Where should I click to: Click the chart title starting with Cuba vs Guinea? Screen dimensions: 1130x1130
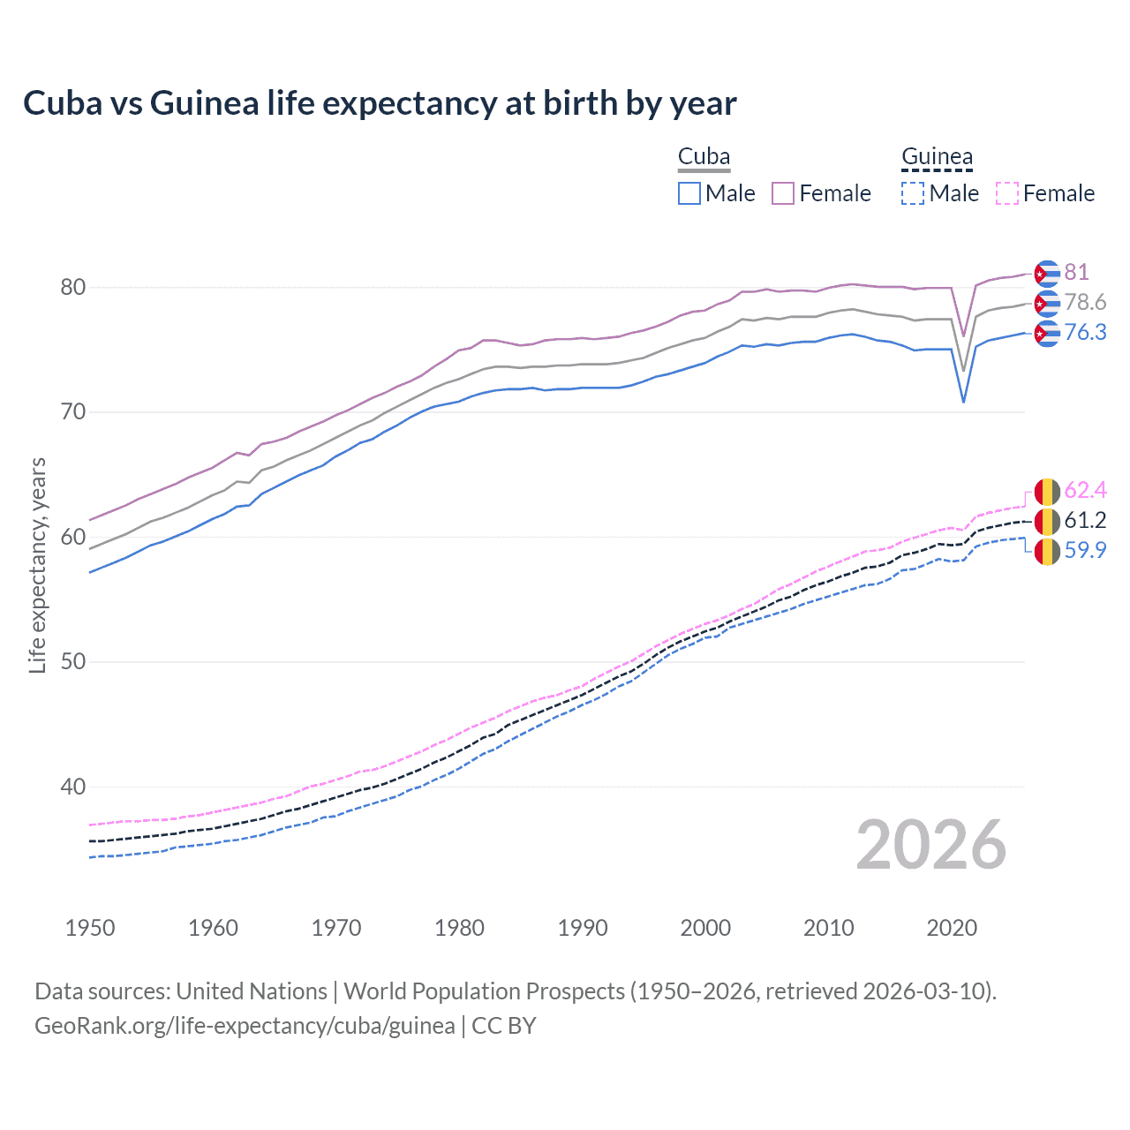pyautogui.click(x=380, y=103)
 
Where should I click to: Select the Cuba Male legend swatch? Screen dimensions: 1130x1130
pyautogui.click(x=689, y=193)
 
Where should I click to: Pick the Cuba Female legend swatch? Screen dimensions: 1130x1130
pyautogui.click(x=783, y=193)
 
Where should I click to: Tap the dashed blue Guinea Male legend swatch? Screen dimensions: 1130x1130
pyautogui.click(x=913, y=193)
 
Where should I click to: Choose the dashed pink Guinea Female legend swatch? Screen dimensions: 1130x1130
pyautogui.click(x=1006, y=193)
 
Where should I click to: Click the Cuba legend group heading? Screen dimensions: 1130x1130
pyautogui.click(x=704, y=157)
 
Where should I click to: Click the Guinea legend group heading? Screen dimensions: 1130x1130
pyautogui.click(x=937, y=157)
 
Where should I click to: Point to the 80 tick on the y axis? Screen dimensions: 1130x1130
pyautogui.click(x=73, y=287)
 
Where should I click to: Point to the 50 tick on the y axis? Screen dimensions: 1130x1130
pyautogui.click(x=73, y=662)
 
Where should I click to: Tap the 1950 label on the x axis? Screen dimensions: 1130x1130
pyautogui.click(x=90, y=928)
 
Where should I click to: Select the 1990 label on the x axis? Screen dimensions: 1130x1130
pyautogui.click(x=583, y=928)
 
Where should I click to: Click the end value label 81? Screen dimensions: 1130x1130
pyautogui.click(x=1076, y=272)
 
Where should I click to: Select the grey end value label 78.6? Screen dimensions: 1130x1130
pyautogui.click(x=1085, y=302)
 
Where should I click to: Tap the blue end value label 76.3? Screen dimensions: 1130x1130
pyautogui.click(x=1085, y=332)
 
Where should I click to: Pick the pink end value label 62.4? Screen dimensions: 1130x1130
pyautogui.click(x=1085, y=490)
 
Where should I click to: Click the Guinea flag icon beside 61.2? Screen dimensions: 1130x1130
pyautogui.click(x=1047, y=521)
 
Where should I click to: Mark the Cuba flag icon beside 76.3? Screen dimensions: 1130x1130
pyautogui.click(x=1047, y=333)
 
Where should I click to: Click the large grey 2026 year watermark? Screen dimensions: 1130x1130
pyautogui.click(x=931, y=845)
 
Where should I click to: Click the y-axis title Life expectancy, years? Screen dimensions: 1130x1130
pyautogui.click(x=38, y=565)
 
